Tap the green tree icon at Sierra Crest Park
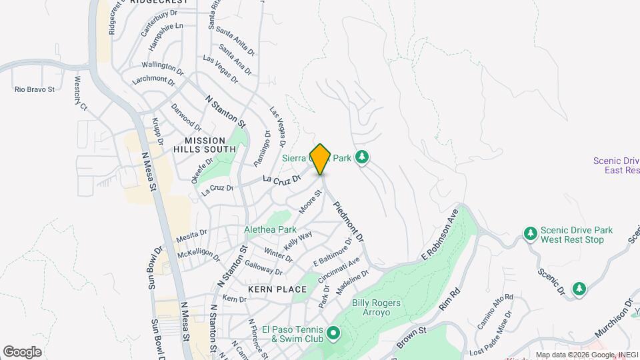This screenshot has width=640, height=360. [362, 157]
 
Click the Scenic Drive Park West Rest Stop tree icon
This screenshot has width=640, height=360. [531, 233]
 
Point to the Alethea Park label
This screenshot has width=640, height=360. [270, 229]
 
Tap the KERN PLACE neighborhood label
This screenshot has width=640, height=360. [277, 289]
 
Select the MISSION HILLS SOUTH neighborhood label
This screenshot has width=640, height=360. [210, 145]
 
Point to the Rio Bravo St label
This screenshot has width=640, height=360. [34, 89]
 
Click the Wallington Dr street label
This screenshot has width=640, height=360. [162, 67]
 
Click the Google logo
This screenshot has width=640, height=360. [22, 351]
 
